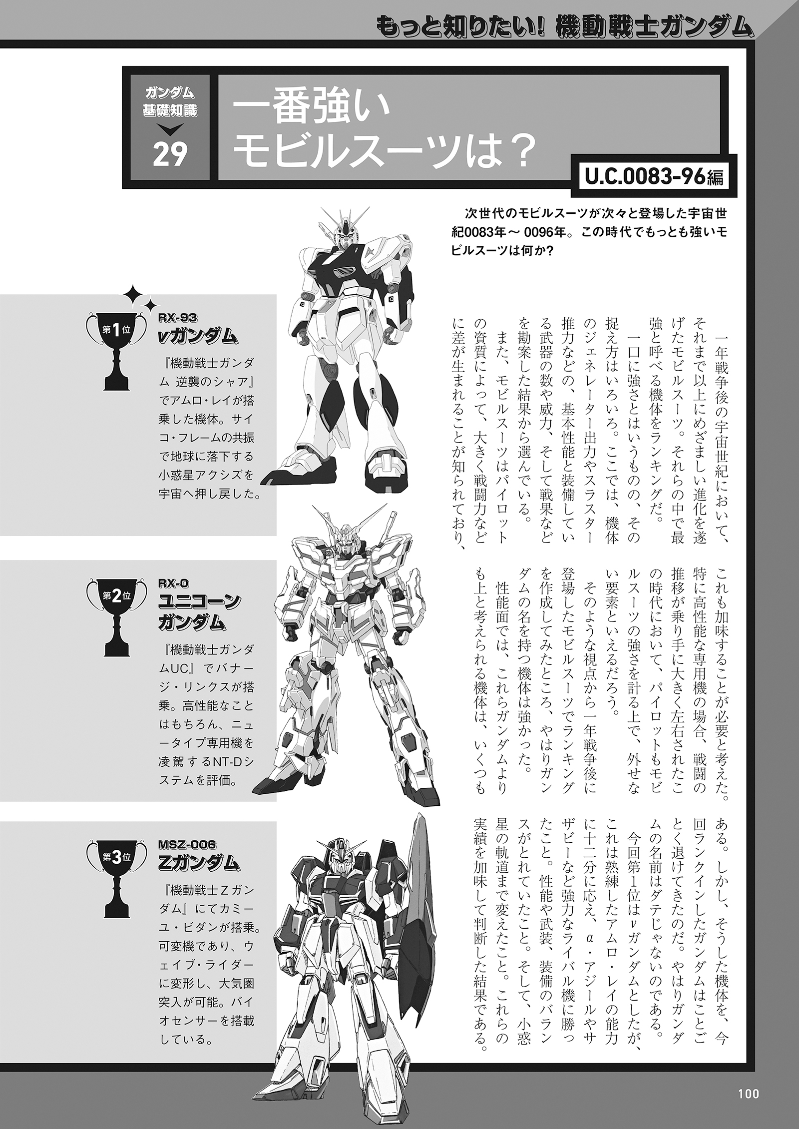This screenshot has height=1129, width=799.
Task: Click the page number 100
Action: (x=748, y=1090)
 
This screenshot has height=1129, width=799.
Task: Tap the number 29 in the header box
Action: (x=170, y=156)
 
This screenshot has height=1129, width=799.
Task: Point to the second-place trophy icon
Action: (x=116, y=616)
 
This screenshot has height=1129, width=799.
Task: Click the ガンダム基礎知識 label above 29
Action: (x=170, y=102)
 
